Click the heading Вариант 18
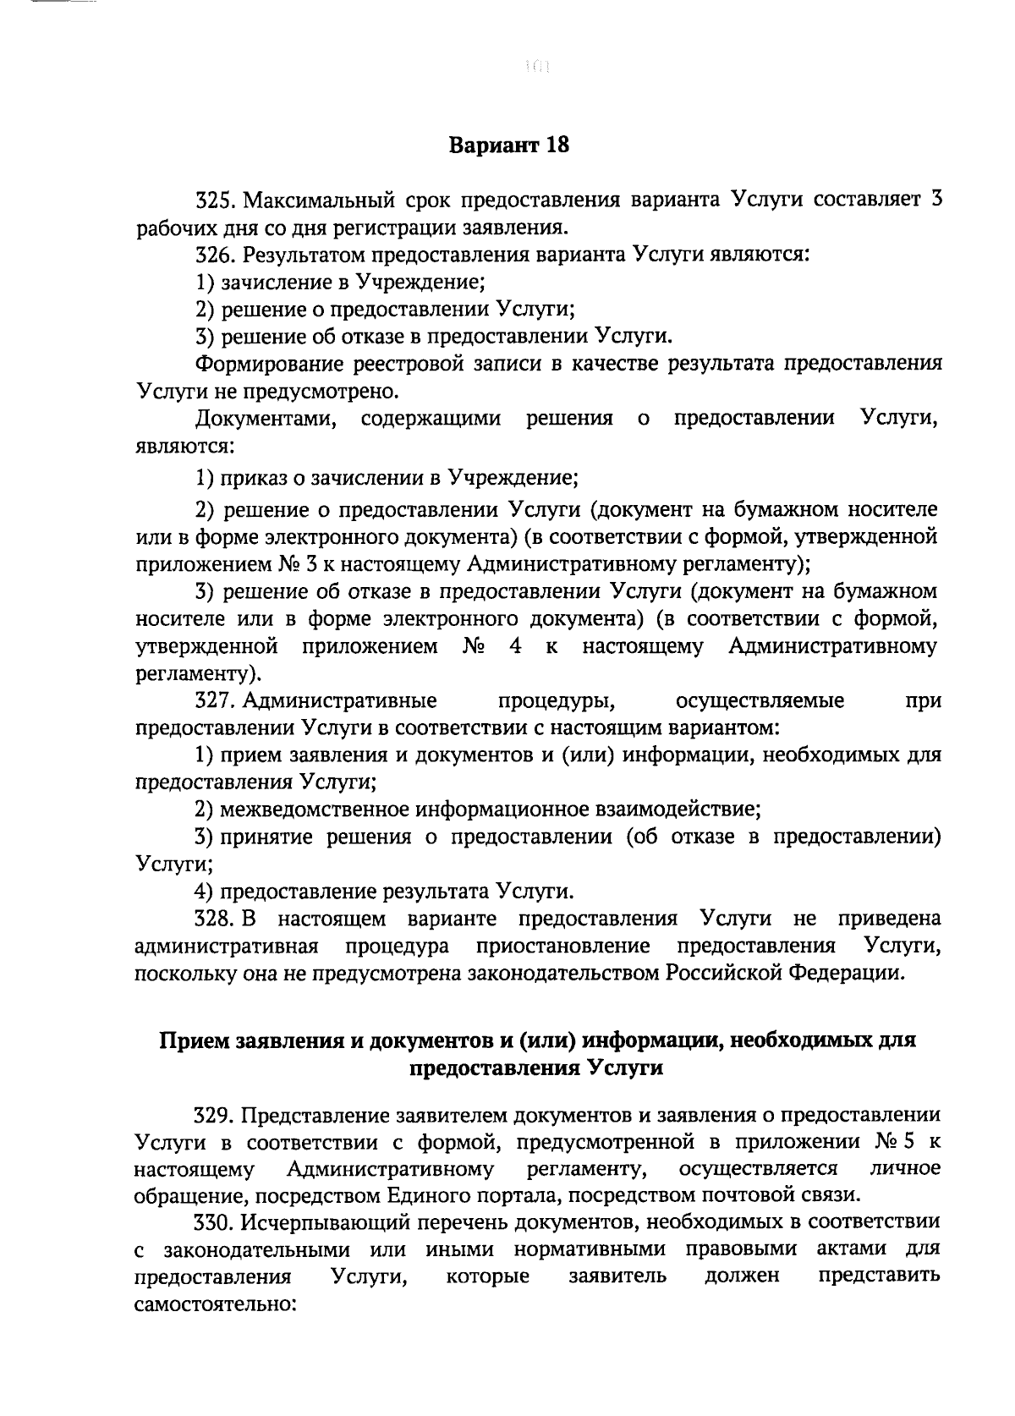click(508, 145)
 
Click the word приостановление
click(563, 946)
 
